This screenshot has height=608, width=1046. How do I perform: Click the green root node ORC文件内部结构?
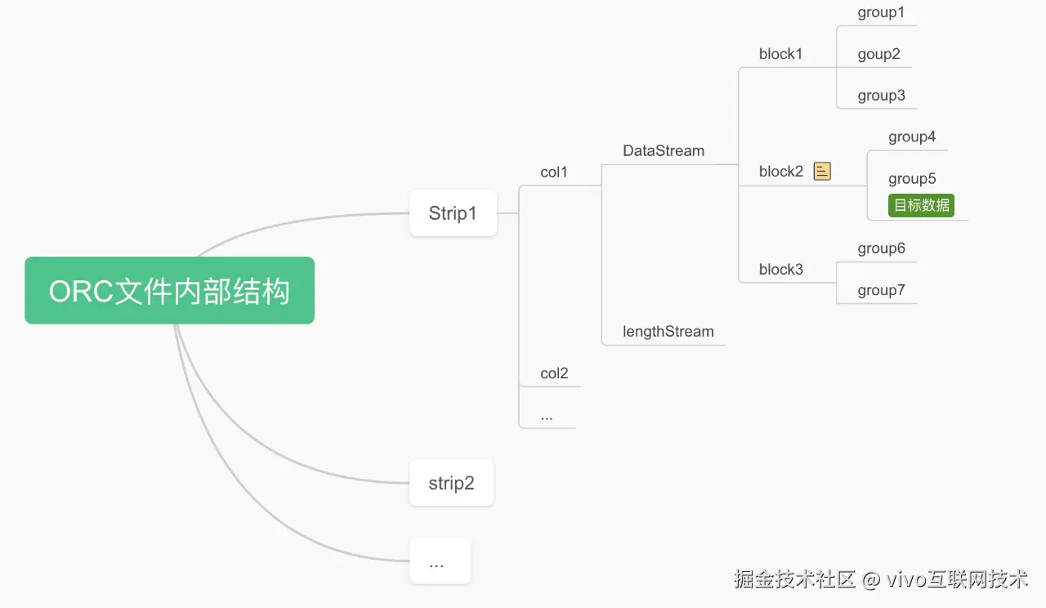(169, 291)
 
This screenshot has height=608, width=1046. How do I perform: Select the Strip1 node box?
(453, 213)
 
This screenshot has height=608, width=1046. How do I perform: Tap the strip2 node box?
(451, 483)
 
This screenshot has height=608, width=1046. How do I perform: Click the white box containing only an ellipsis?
(440, 561)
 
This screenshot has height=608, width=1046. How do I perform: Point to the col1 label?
(553, 172)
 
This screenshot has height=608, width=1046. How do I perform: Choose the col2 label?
(553, 373)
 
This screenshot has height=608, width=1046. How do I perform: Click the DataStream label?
(663, 151)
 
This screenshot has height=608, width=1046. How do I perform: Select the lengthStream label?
(668, 332)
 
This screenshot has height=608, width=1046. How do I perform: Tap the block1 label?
(780, 55)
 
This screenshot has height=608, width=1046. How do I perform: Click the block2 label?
(780, 172)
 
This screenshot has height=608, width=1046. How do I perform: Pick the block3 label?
(780, 270)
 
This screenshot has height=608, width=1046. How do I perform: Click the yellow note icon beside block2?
(822, 172)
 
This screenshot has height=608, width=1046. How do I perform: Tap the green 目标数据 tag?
(921, 205)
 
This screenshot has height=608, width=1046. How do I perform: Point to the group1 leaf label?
(881, 13)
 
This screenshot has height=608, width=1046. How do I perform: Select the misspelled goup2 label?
(878, 55)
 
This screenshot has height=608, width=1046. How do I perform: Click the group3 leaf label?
(881, 96)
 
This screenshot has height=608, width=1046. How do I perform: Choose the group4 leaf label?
(912, 137)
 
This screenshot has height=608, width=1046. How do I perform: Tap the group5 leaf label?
(912, 179)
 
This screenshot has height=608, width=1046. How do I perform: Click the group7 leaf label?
(881, 291)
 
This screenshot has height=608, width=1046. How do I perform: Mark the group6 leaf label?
(881, 248)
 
